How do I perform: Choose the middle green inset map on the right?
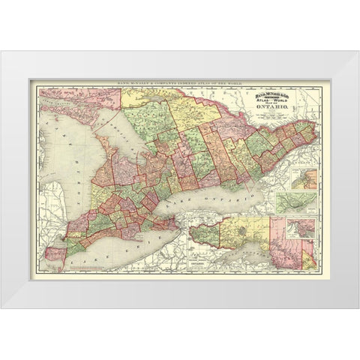(296, 202)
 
